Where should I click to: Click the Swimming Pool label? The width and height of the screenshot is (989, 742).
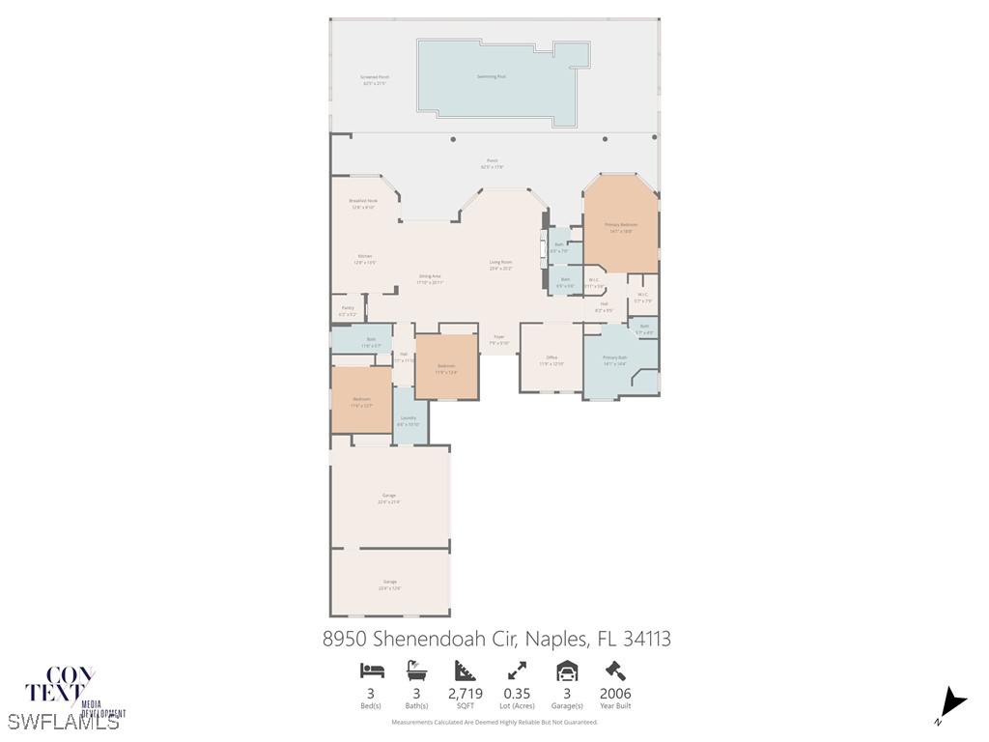click(492, 76)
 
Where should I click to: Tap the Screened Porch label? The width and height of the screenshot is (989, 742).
click(375, 80)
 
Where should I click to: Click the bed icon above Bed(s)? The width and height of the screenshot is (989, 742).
click(372, 671)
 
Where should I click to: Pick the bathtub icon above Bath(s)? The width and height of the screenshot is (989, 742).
click(417, 671)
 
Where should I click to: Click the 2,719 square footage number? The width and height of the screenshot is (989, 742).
click(466, 693)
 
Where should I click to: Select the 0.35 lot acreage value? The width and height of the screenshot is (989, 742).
click(517, 693)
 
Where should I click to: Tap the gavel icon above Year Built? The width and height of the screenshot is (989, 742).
click(615, 671)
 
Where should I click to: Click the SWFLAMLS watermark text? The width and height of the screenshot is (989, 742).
click(64, 722)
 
